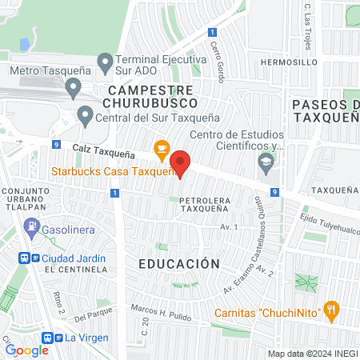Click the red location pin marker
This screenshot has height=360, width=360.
point(181,162)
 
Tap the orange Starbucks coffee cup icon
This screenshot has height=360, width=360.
point(162,148)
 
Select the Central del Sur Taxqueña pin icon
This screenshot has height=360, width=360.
point(86,117)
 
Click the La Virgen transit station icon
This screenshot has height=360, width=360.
point(50,338)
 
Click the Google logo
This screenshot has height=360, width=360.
point(27,350)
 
